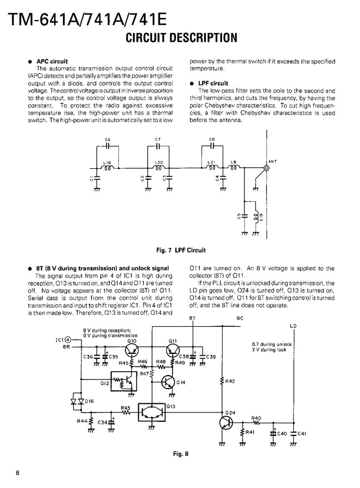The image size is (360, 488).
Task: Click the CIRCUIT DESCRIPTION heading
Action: [x=181, y=37]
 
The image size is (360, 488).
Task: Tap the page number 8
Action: [x=18, y=472]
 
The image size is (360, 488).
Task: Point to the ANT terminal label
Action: [x=272, y=161]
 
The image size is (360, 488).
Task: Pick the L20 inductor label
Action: [x=159, y=162]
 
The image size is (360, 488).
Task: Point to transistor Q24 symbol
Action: [x=226, y=422]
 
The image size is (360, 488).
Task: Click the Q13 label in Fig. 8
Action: [x=172, y=406]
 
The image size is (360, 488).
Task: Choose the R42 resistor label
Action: [x=230, y=381]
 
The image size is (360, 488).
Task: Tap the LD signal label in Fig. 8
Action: [x=293, y=326]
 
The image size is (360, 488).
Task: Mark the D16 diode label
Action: [x=90, y=401]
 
